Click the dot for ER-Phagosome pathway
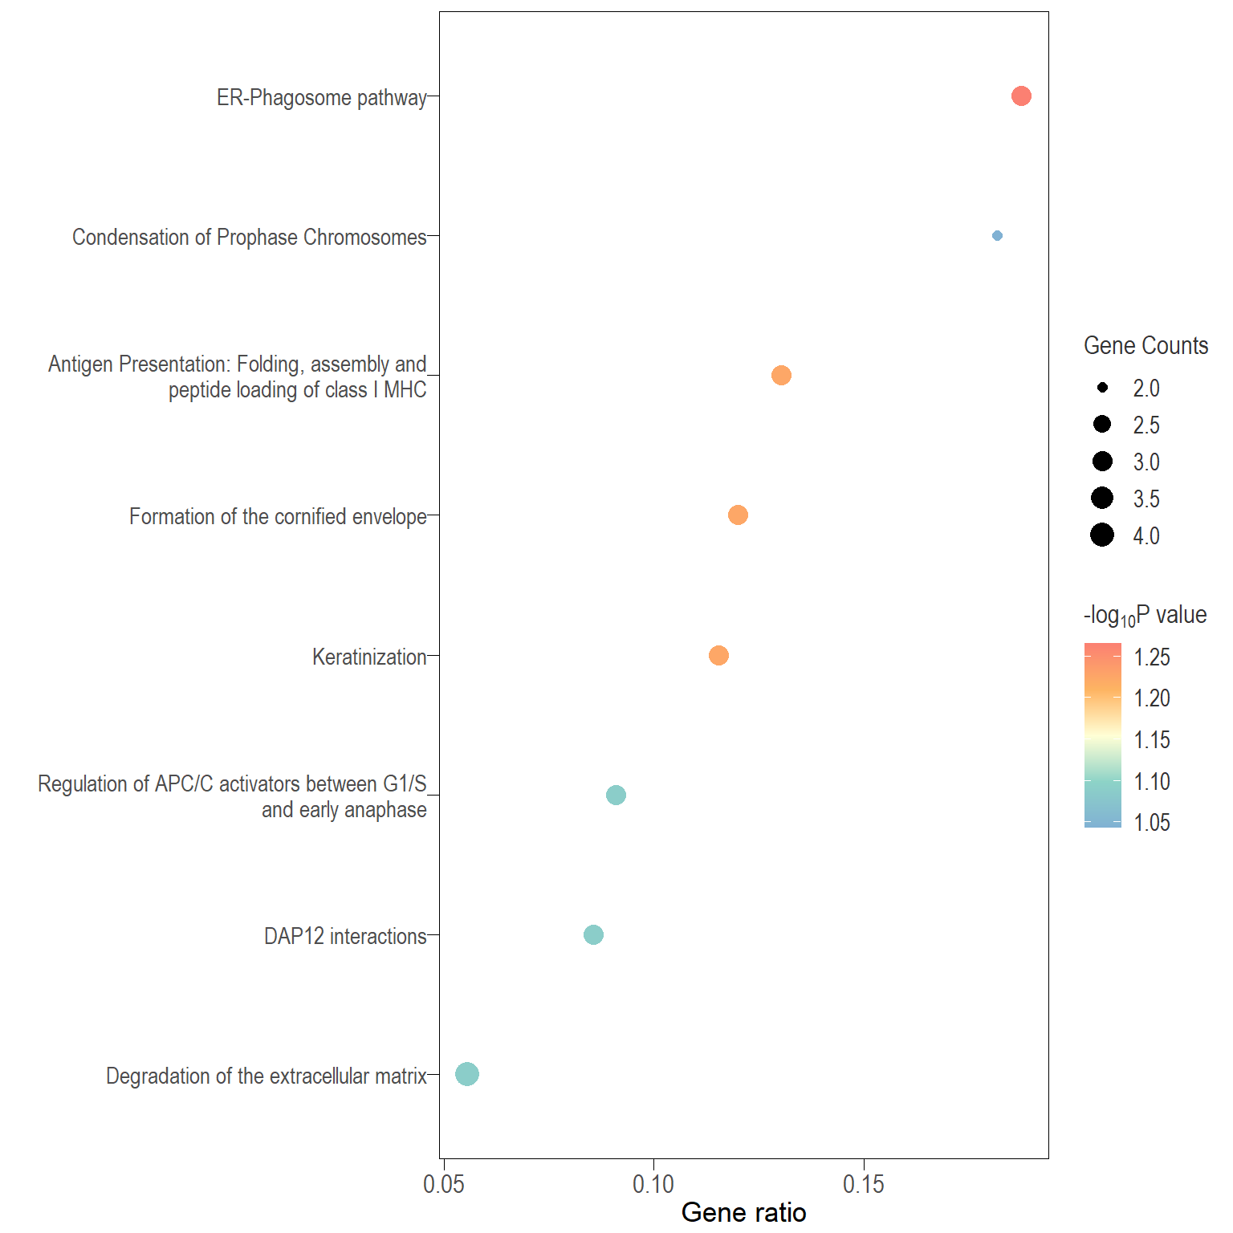tap(1020, 96)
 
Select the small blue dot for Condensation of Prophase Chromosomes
tap(997, 236)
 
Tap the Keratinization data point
tap(718, 656)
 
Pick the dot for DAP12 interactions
tap(593, 935)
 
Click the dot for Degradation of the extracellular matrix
tap(467, 1074)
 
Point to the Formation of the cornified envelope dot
tap(738, 515)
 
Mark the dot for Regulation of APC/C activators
tap(616, 796)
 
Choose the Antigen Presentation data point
tap(781, 376)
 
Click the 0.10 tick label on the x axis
tap(653, 1184)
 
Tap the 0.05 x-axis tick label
tap(443, 1184)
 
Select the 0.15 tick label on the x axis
tap(864, 1184)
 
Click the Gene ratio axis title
tap(743, 1212)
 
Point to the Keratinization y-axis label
tap(369, 657)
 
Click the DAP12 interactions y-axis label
tap(345, 937)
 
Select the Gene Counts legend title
tap(1146, 346)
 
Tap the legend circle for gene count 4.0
tap(1102, 535)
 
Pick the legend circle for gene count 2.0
tap(1102, 388)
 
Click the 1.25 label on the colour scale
tap(1151, 657)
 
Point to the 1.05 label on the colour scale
tap(1151, 823)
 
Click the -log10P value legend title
tap(1145, 616)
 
